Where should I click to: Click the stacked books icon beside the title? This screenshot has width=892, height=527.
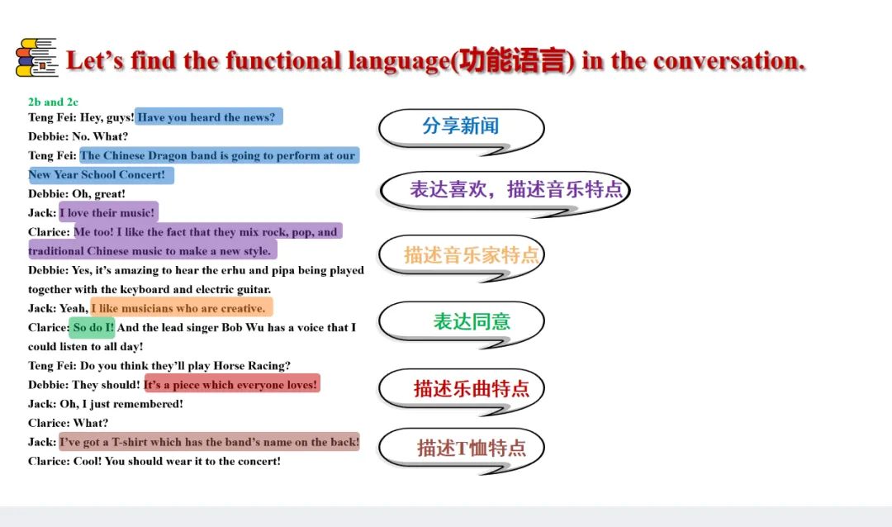(37, 58)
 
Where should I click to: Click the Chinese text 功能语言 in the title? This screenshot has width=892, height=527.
(513, 61)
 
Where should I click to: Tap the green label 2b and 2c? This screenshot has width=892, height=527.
(53, 102)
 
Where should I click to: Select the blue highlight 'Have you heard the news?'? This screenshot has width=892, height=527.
(208, 116)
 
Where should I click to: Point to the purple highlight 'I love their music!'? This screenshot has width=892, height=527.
(109, 212)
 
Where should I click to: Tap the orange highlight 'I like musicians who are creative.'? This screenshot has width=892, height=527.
(182, 308)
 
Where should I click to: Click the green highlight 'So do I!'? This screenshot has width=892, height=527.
(93, 327)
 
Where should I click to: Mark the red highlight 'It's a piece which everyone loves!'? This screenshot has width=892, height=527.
(232, 384)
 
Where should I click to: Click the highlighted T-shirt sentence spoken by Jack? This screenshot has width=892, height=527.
(209, 442)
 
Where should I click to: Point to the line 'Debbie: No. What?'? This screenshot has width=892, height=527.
(78, 136)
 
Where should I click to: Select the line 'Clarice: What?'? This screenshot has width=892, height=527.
(68, 423)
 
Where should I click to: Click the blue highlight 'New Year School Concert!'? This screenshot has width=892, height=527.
(101, 175)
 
